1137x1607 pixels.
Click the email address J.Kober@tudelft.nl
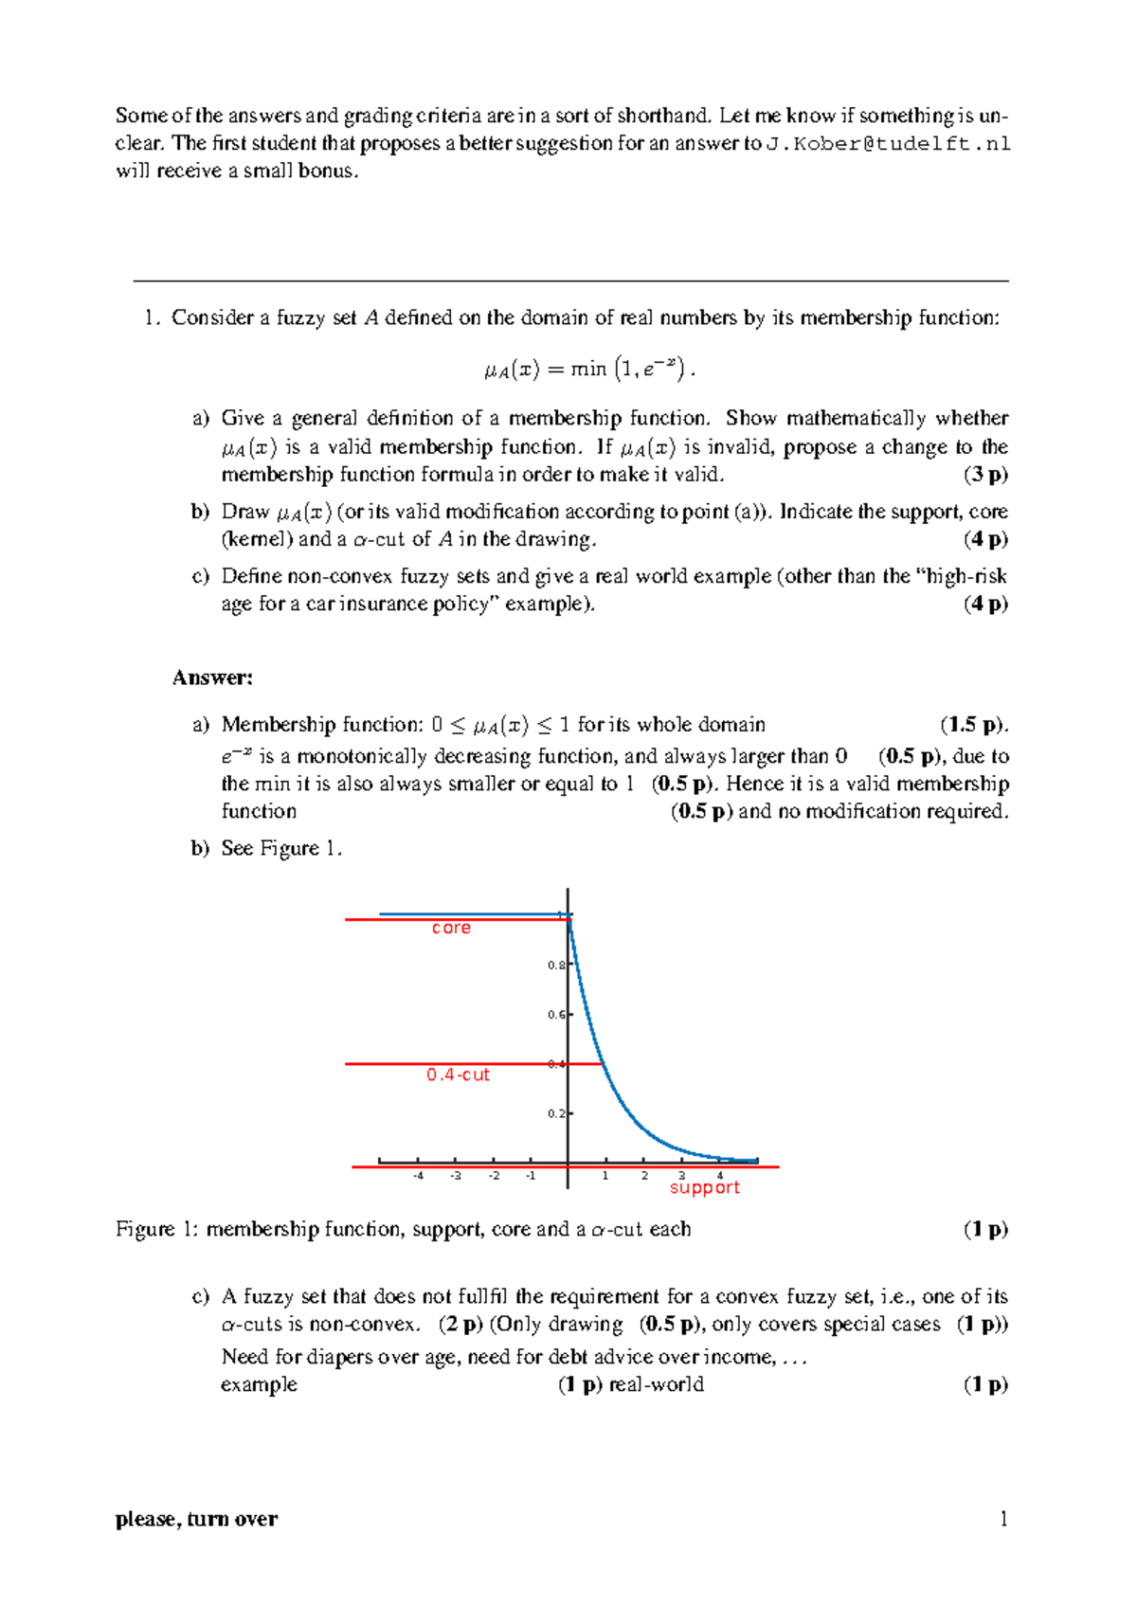888,144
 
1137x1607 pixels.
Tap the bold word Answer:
212,677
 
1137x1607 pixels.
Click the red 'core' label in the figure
451,929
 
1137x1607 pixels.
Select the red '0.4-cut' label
458,1075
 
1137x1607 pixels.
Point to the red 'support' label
704,1188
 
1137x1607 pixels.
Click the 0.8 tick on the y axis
556,966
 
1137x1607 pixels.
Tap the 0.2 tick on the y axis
556,1114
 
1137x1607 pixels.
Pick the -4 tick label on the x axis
418,1176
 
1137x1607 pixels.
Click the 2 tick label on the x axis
644,1176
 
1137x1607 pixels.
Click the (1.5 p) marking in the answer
971,726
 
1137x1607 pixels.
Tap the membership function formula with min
588,369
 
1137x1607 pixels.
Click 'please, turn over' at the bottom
196,1520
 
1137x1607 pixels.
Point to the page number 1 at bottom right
1003,1520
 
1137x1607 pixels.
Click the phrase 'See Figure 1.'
281,849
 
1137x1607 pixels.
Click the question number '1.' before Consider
153,318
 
